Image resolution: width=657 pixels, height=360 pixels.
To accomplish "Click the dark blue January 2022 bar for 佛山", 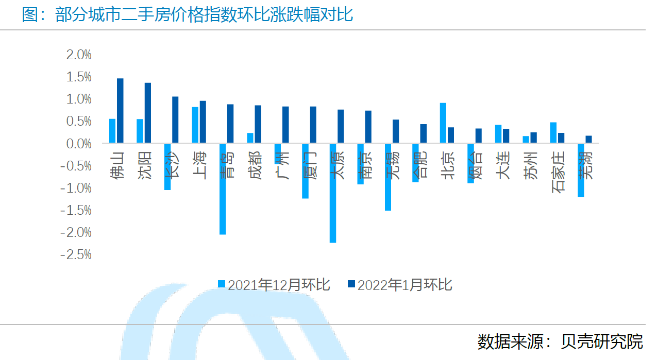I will [x=120, y=111].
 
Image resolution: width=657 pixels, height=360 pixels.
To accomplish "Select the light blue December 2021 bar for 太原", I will [x=333, y=193].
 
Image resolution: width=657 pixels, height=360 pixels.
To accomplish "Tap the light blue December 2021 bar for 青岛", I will [x=223, y=189].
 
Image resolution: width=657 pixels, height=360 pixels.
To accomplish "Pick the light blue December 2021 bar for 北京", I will [x=443, y=123].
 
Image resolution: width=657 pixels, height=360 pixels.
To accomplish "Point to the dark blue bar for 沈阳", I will [x=148, y=113].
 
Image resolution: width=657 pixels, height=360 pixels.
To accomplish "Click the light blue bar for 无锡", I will [x=388, y=177].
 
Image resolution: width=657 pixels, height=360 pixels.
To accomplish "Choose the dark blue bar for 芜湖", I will [x=589, y=140].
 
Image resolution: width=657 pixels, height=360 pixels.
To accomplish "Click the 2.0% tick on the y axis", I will [x=79, y=55].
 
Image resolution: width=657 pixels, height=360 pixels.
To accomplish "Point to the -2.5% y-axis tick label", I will [x=76, y=255].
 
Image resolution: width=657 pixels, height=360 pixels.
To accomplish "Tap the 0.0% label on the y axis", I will [x=79, y=144].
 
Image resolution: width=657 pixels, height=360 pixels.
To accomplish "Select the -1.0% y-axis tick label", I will [x=76, y=188].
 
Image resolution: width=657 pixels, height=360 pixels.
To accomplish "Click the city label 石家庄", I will [x=558, y=172].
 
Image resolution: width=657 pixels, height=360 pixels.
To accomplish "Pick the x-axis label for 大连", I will [x=503, y=165].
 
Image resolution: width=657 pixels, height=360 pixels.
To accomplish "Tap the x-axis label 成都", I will [x=255, y=165].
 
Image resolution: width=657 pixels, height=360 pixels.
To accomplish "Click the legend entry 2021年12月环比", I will [x=274, y=284].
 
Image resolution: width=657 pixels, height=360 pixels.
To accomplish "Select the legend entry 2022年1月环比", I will [x=399, y=284].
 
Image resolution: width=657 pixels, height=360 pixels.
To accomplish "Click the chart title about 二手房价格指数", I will [x=188, y=14].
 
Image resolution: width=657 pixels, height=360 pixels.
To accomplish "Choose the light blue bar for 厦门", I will [x=305, y=171].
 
